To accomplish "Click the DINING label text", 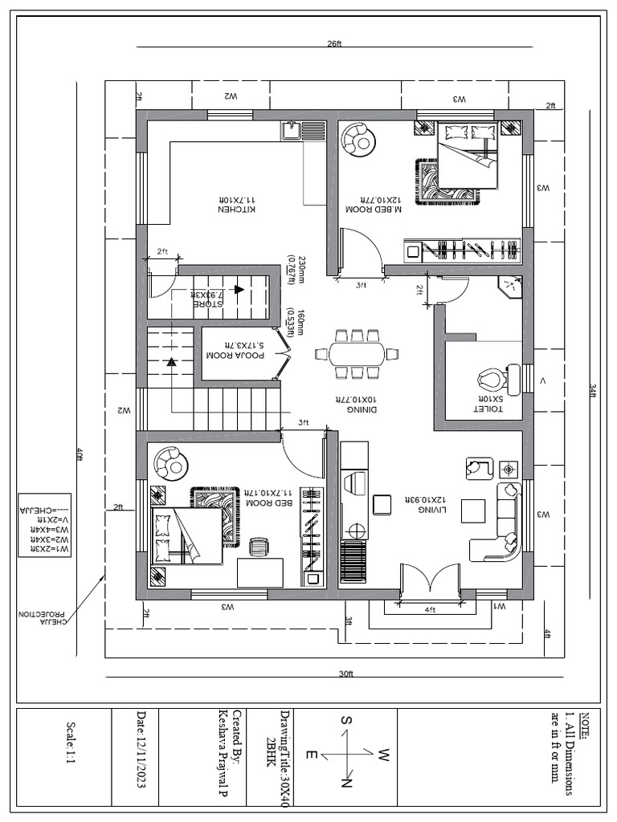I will coord(357,404).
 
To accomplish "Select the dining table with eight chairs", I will coord(358,353).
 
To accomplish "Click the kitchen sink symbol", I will coord(292,130).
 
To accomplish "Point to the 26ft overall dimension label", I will coord(334,45).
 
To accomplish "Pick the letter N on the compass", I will coord(347,781).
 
